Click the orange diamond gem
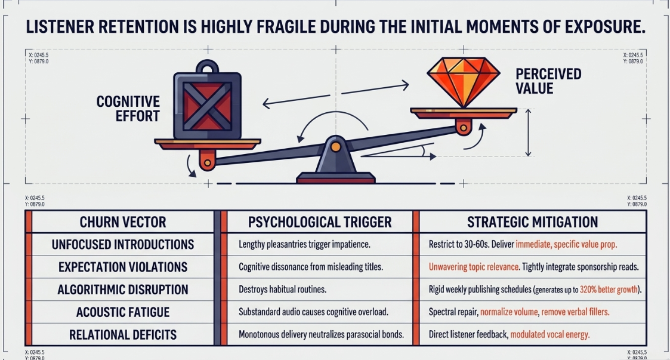pos(464,81)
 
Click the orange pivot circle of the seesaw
pos(336,147)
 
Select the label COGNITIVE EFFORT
pos(128,109)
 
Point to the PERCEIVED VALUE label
pos(548,81)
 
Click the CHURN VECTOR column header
pos(123,222)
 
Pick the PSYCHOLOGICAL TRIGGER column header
pos(320,222)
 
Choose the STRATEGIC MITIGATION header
pos(532,222)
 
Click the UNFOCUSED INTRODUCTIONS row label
pos(123,245)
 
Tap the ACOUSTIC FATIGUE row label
pos(123,312)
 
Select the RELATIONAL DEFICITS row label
pos(123,335)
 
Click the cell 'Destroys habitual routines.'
pos(282,290)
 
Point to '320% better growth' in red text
pos(609,290)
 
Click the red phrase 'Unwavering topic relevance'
pos(474,267)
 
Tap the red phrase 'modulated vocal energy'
pos(550,335)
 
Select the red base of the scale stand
pos(336,181)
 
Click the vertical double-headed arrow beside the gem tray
pos(528,133)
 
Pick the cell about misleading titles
pos(311,267)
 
